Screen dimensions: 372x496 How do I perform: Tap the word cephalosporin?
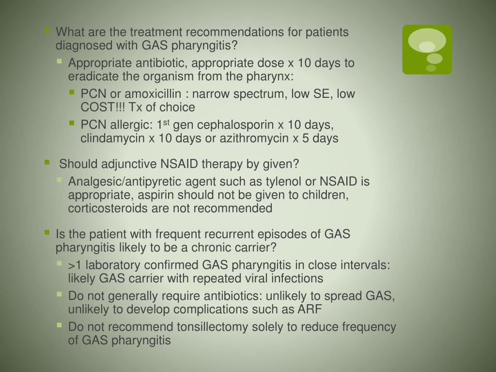coord(232,125)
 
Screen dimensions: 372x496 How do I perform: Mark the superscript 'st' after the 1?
coord(167,123)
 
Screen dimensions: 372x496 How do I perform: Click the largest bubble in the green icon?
coord(427,41)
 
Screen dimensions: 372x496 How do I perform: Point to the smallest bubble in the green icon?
coord(431,68)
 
